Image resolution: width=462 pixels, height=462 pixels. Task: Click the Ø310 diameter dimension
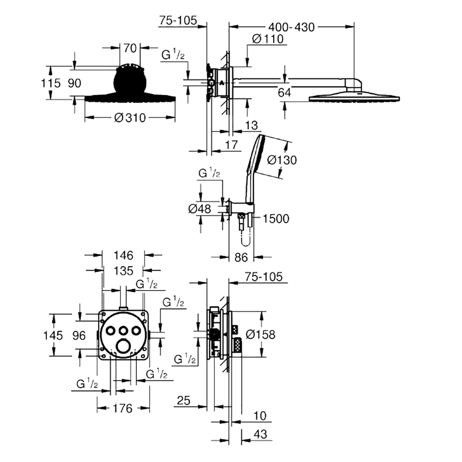coord(130,118)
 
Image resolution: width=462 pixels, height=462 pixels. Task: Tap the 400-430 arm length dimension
coord(292,27)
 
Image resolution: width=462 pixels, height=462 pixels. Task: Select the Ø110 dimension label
coord(268,39)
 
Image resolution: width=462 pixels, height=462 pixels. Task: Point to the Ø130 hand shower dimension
coord(282,160)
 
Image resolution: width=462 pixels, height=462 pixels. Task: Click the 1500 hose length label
coord(276,219)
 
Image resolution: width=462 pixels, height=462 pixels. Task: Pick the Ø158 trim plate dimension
coord(261,334)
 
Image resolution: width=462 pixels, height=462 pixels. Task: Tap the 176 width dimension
coord(123,408)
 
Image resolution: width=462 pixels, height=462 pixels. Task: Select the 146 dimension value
coord(123,255)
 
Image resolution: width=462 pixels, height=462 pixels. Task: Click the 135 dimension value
coord(123,270)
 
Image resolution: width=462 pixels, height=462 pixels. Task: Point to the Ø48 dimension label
coord(200,209)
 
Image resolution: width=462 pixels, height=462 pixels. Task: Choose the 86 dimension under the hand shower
coord(241,257)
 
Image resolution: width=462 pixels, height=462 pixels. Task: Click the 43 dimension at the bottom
coord(260,434)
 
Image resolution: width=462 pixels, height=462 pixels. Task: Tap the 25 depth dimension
coord(183,401)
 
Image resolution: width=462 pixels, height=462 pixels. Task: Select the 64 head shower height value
coord(284,92)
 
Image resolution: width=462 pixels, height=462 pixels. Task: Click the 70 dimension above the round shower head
coord(130,48)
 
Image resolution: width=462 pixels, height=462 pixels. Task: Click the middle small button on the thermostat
coord(123,331)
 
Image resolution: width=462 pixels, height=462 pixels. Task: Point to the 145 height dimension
coord(53,335)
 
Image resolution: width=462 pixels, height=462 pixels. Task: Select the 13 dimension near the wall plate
coord(251,125)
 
